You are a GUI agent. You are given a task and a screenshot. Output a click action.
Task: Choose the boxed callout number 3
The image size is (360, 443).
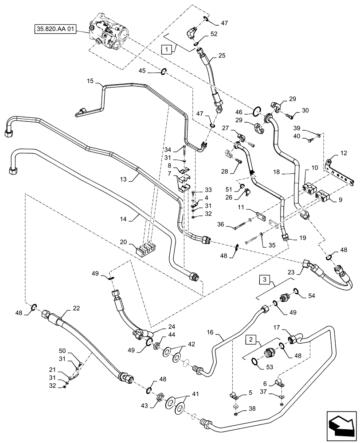265,280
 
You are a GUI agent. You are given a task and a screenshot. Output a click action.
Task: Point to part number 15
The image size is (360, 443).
91,82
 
